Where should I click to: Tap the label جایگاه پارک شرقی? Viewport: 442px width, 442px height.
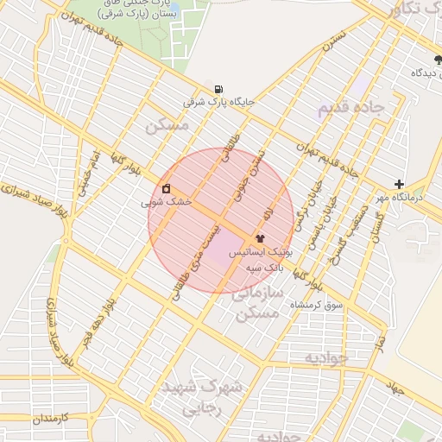coord(219,102)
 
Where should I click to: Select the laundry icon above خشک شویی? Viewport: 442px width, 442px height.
coord(166,188)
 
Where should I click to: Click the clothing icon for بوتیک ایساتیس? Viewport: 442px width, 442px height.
coord(259,238)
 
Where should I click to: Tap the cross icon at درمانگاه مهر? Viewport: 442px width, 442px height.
coord(399,184)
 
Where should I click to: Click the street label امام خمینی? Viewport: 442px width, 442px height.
coord(89,172)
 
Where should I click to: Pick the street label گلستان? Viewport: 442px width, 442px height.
coord(378,224)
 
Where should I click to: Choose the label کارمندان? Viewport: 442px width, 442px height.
coord(34,419)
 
